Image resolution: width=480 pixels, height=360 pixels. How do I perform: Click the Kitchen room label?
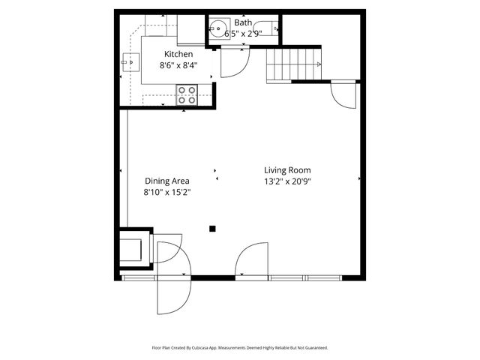(179, 54)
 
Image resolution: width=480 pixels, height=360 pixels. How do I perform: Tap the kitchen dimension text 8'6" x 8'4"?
(179, 65)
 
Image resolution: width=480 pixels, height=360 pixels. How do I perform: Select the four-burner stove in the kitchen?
(187, 94)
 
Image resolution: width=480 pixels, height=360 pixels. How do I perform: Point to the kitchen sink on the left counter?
(125, 64)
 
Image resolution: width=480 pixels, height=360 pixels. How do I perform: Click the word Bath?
(243, 23)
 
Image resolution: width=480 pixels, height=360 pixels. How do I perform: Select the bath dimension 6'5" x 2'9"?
(243, 34)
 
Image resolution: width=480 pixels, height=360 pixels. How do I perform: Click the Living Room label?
(287, 170)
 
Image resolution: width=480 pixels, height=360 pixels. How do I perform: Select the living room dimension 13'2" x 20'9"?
(287, 181)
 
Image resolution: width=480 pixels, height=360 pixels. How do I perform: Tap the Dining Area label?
(166, 181)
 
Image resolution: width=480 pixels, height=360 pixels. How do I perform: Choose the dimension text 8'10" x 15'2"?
(166, 192)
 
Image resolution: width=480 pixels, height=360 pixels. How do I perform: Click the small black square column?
(212, 229)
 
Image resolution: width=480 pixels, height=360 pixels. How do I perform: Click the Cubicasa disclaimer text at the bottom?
(240, 348)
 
